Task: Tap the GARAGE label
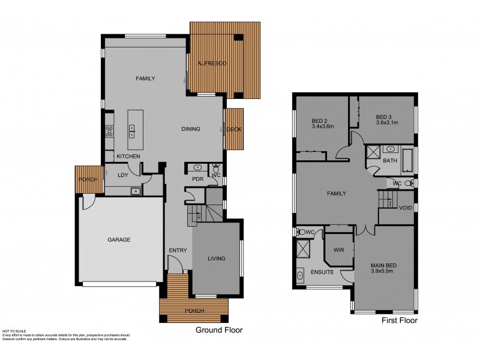tap(119, 239)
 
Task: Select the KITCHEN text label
tap(128, 157)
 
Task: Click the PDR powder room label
tap(197, 178)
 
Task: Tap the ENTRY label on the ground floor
tap(178, 250)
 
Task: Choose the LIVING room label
tap(216, 259)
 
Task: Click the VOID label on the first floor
tap(406, 208)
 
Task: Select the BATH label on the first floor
tap(391, 161)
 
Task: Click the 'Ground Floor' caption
tap(218, 330)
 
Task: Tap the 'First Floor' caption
tap(400, 322)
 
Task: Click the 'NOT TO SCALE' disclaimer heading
tap(14, 331)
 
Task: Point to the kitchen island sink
tap(131, 130)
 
